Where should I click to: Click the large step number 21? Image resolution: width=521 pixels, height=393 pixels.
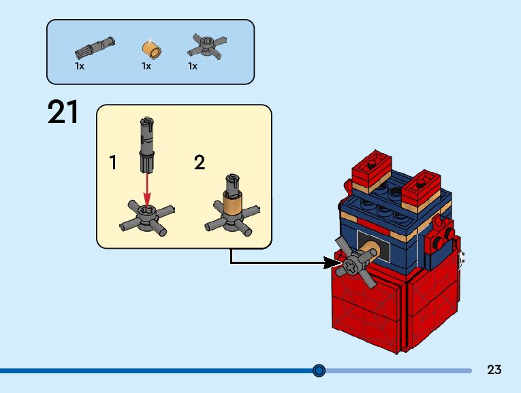(63, 112)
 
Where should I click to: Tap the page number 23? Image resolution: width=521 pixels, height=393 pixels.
(494, 369)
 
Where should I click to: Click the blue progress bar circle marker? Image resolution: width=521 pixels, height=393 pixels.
(319, 371)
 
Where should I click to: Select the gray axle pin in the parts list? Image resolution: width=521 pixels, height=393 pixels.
(95, 48)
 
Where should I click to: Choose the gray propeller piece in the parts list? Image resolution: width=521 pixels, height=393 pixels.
(206, 46)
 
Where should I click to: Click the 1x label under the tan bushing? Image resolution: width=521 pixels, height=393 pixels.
(146, 67)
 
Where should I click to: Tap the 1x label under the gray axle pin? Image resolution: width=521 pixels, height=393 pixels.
(80, 67)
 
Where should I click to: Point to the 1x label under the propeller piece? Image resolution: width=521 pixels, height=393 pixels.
(193, 67)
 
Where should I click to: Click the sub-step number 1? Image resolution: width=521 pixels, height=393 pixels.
(113, 163)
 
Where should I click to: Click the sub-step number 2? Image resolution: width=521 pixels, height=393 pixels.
(200, 163)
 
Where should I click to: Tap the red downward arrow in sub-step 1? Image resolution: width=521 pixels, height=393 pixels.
(147, 190)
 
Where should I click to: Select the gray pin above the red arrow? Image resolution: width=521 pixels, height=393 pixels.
(147, 145)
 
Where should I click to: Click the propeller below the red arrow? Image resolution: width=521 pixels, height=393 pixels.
(147, 218)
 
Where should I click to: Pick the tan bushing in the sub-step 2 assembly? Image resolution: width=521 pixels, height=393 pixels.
(232, 207)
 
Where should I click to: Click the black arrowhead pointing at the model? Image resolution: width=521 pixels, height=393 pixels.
(332, 263)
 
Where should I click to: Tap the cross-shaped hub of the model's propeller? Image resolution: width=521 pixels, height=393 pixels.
(350, 265)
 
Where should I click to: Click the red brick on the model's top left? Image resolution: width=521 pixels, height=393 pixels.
(371, 168)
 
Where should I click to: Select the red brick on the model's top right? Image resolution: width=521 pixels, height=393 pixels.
(422, 188)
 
